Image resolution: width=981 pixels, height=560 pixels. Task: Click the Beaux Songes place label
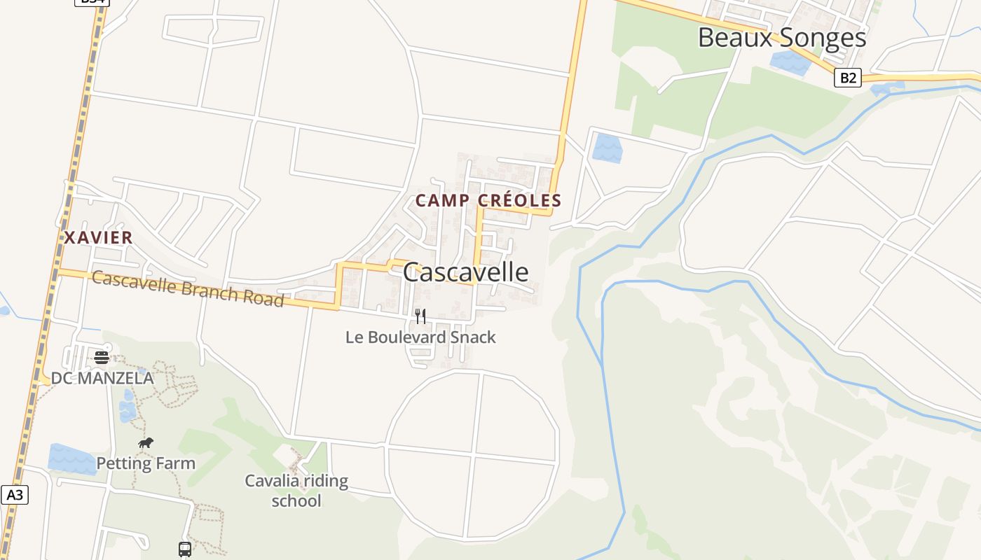coord(782,38)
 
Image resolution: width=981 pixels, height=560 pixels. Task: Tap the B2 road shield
coord(847,78)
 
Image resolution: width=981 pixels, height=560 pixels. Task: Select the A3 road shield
coord(14,495)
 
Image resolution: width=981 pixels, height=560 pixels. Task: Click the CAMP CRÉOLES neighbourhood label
coord(488,201)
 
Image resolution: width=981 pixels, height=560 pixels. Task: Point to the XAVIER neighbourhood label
coord(98,238)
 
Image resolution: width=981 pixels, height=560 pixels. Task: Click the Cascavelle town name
coord(465,272)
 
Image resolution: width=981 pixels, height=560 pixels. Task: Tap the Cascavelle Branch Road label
coord(188,289)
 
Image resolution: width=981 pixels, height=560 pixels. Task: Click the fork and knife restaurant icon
coord(420,316)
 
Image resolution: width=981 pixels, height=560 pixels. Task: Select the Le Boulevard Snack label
coord(420,337)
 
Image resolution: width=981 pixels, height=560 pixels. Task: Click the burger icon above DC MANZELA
coord(102,358)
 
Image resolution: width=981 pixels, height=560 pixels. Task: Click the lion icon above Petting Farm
coord(146,442)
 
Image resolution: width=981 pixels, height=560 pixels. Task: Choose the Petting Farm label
coord(146,463)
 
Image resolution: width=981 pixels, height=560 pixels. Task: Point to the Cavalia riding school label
coord(296,491)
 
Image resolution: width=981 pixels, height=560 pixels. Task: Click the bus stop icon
coord(184,549)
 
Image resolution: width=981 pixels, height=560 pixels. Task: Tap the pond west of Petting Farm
coord(71,458)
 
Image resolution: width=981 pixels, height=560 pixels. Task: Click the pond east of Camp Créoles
coord(607,148)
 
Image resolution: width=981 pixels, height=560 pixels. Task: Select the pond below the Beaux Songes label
coord(790,62)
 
